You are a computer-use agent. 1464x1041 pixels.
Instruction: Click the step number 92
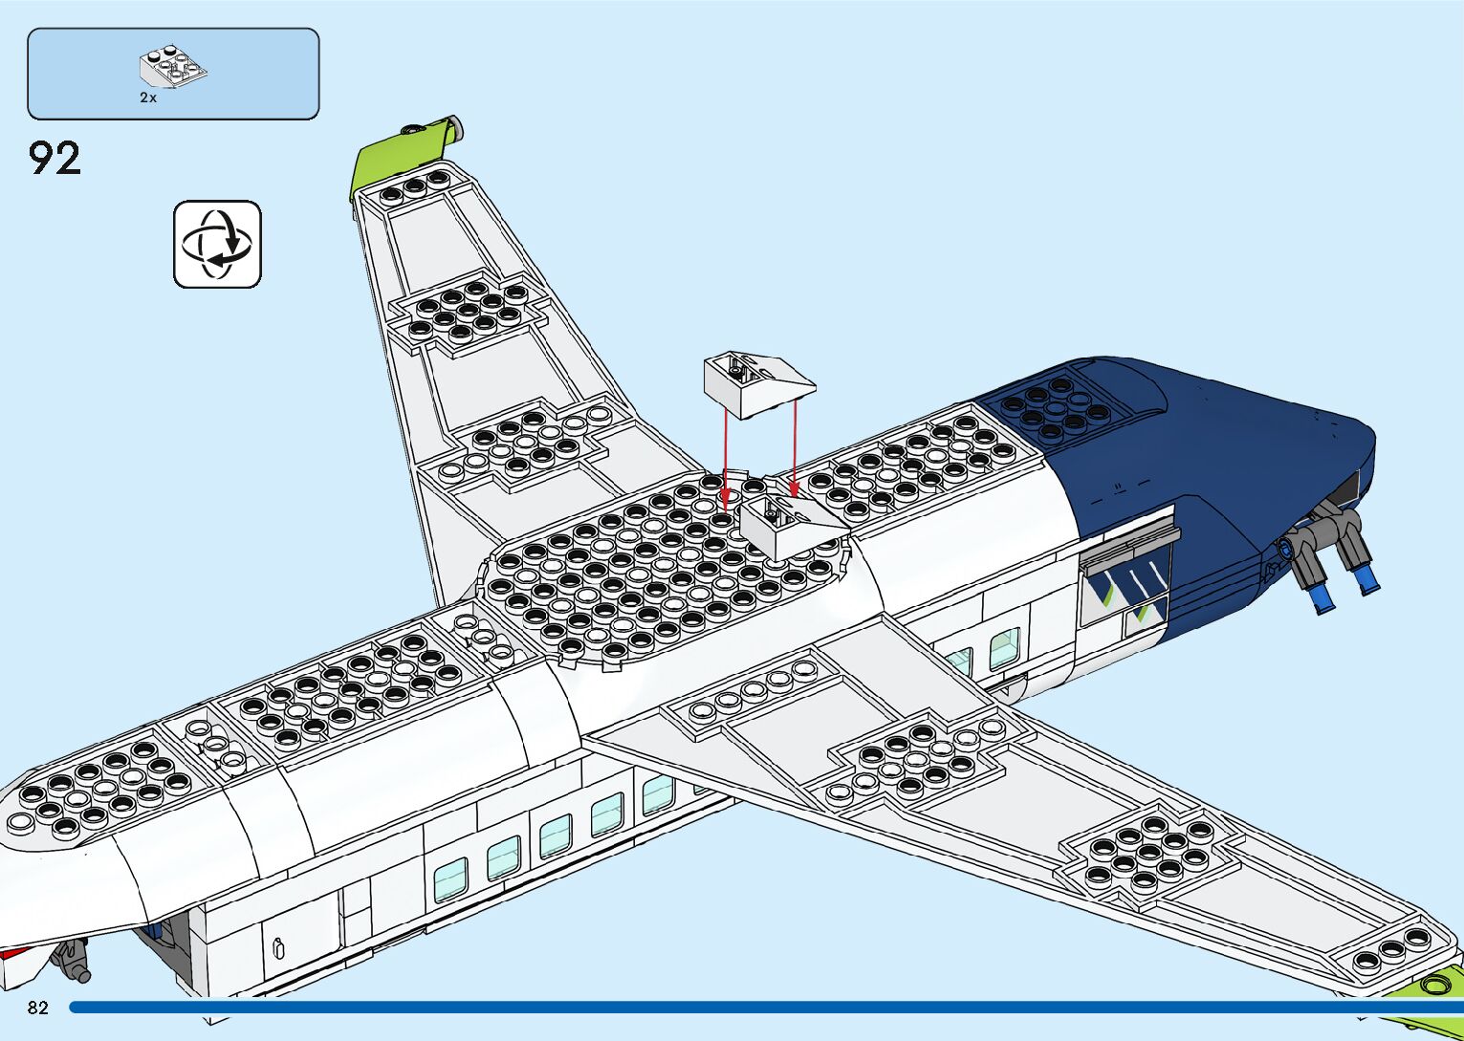55,159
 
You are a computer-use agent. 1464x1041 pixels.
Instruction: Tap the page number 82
38,1008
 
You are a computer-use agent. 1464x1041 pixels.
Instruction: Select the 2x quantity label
148,98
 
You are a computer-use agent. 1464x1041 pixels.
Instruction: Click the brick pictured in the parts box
173,67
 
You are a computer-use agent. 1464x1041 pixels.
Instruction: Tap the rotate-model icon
217,244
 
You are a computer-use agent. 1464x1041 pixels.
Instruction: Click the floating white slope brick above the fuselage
758,384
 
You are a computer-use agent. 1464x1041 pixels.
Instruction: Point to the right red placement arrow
794,449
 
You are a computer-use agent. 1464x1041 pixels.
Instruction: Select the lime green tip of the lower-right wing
1439,985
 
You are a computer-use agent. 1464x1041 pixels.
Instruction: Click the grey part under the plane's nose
73,959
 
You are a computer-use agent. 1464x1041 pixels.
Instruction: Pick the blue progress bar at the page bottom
765,1008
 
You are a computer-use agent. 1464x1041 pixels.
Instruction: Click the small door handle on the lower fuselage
278,948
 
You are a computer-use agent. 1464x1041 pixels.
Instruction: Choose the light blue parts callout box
173,74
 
